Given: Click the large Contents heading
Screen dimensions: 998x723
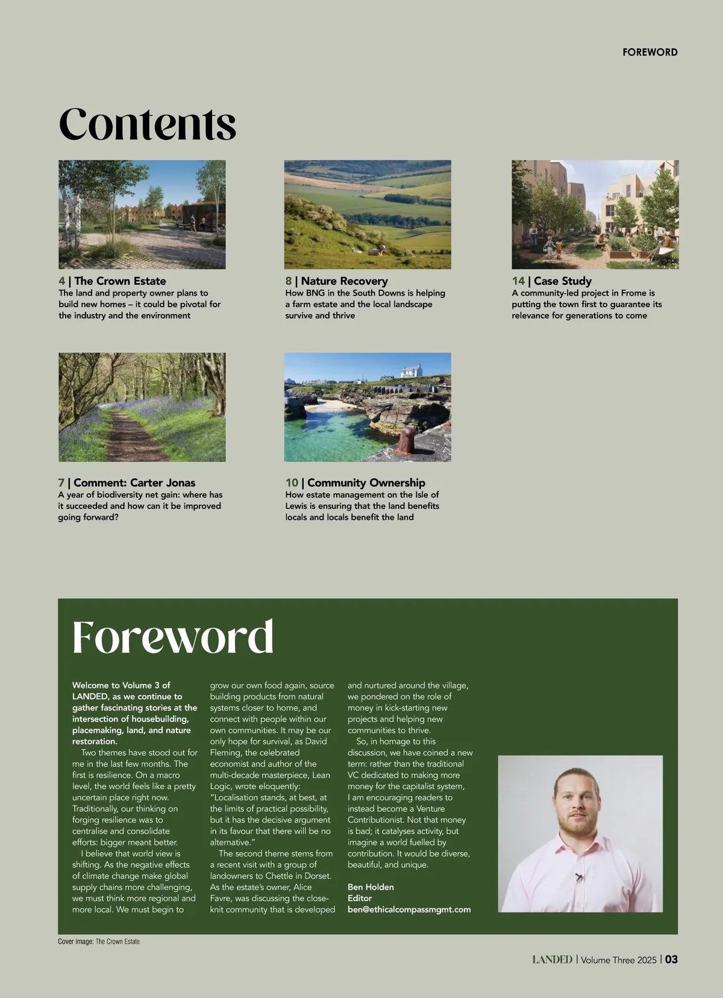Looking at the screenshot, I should [147, 124].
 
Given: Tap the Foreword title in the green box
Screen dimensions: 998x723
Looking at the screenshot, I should [173, 637].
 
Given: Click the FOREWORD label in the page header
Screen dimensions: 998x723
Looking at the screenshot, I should [649, 52].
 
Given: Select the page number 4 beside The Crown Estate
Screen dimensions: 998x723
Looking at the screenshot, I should [61, 281].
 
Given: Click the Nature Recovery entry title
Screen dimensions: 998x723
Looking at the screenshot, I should [344, 281].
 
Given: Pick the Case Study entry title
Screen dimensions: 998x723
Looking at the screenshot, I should [562, 281].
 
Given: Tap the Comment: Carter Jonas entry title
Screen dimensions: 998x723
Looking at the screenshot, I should [134, 483].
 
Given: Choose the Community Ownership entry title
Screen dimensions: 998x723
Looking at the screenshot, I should [366, 483].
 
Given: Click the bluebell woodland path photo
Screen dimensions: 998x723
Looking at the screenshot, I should [142, 407].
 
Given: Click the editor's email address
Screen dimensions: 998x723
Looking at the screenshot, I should [409, 909].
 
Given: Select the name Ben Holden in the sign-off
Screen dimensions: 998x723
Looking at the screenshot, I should [371, 887].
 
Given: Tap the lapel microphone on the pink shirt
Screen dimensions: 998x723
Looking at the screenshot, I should [580, 877].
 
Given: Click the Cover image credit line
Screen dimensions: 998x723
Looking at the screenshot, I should [99, 941].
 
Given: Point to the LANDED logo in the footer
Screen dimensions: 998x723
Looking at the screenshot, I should [552, 960].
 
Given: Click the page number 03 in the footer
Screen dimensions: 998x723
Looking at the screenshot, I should [671, 960].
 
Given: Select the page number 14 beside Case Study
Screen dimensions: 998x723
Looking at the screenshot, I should [518, 281].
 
